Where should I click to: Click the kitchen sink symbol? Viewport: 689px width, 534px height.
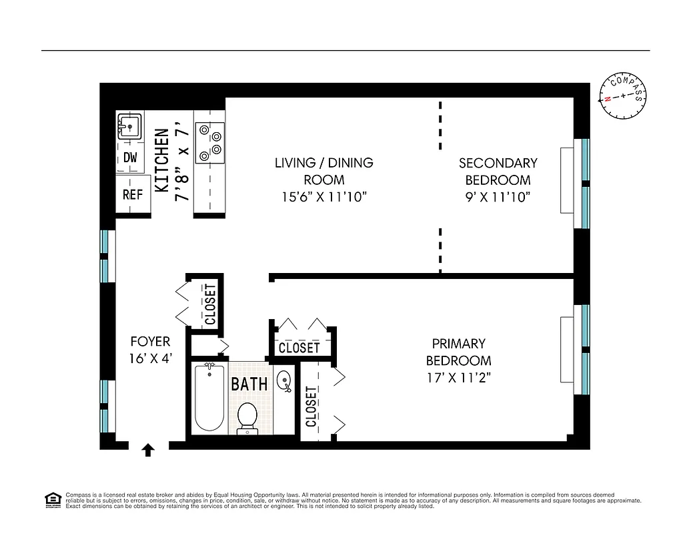[129, 125]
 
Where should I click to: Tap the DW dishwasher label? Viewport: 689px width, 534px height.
[130, 158]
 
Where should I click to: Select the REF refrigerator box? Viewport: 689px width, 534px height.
[132, 195]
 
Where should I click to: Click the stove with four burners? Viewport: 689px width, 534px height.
[209, 142]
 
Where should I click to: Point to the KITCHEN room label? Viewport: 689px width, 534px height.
[161, 161]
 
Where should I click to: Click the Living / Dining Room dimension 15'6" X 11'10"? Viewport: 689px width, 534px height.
[323, 197]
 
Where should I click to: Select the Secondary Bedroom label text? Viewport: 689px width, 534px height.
[498, 171]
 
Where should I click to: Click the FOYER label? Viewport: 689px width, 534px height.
[150, 341]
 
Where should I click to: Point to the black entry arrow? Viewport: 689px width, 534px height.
[148, 451]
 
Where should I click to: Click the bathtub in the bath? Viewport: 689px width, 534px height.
[209, 398]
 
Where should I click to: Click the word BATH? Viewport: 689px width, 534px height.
[249, 384]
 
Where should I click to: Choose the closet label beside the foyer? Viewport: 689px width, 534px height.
[210, 304]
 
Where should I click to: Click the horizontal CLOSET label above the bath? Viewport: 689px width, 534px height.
[299, 348]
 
